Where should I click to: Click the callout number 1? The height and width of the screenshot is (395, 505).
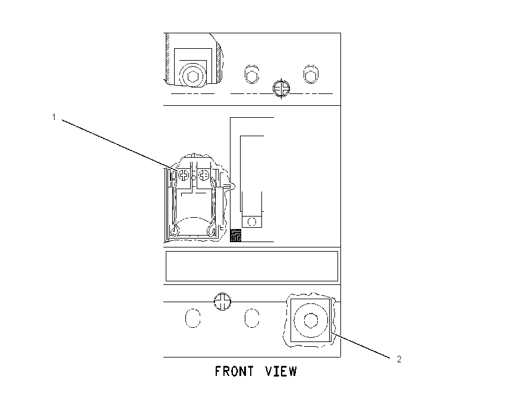pyautogui.click(x=54, y=117)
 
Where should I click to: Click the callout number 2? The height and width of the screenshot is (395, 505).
pyautogui.click(x=399, y=359)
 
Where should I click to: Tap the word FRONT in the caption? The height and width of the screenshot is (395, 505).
pyautogui.click(x=234, y=371)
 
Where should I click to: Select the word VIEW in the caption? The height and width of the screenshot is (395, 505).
pyautogui.click(x=281, y=371)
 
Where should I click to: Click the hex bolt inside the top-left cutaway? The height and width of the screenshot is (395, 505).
pyautogui.click(x=192, y=77)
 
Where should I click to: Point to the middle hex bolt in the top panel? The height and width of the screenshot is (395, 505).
pyautogui.click(x=251, y=74)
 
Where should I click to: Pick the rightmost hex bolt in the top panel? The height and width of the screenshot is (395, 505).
pyautogui.click(x=311, y=74)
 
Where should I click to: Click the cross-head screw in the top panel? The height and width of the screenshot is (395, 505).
pyautogui.click(x=281, y=88)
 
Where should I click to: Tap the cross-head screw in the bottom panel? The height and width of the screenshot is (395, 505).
pyautogui.click(x=222, y=302)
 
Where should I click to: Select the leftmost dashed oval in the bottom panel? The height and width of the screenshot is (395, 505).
pyautogui.click(x=193, y=319)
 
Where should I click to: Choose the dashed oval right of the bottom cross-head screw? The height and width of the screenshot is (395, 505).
pyautogui.click(x=252, y=319)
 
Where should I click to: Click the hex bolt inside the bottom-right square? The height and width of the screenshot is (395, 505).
pyautogui.click(x=311, y=321)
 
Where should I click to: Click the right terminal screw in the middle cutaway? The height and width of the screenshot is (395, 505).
pyautogui.click(x=204, y=175)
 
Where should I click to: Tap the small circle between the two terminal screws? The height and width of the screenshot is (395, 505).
pyautogui.click(x=194, y=178)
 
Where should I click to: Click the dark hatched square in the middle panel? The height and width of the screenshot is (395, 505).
pyautogui.click(x=236, y=235)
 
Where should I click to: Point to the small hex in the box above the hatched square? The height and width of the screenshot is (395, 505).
pyautogui.click(x=252, y=222)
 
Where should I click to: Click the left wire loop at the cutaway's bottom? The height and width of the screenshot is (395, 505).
pyautogui.click(x=175, y=231)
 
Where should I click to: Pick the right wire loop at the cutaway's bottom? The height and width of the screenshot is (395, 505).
pyautogui.click(x=212, y=231)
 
